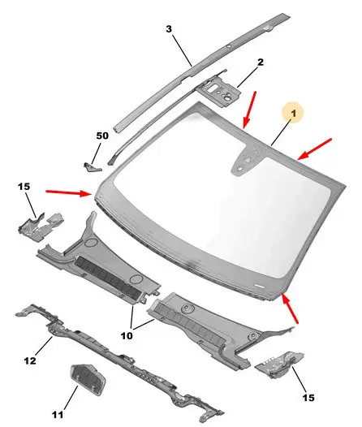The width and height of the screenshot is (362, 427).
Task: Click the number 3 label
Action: (x=169, y=28)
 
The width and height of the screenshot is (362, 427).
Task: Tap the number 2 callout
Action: (x=261, y=62)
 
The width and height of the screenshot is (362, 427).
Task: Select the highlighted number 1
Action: (x=293, y=113)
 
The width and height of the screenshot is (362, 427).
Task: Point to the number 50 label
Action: (x=102, y=136)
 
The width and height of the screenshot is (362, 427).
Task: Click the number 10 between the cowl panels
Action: (x=127, y=336)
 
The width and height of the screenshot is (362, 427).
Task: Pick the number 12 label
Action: (x=30, y=360)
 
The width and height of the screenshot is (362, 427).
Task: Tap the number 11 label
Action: (x=58, y=415)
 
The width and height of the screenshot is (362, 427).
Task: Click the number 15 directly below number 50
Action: (x=24, y=187)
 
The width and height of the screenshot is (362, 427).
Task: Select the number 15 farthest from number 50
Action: (x=308, y=398)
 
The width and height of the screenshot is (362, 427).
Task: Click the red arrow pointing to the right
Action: (x=69, y=193)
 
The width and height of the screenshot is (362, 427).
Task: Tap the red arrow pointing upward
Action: (x=290, y=308)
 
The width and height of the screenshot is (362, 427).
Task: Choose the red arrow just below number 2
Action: (x=250, y=110)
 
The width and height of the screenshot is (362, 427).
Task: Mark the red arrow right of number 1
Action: (x=314, y=149)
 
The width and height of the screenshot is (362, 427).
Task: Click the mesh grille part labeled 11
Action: (x=88, y=378)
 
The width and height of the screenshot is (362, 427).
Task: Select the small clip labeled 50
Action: (x=92, y=167)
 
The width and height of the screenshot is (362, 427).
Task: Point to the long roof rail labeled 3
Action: (x=201, y=72)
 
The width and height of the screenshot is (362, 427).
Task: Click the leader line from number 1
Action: (x=282, y=132)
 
